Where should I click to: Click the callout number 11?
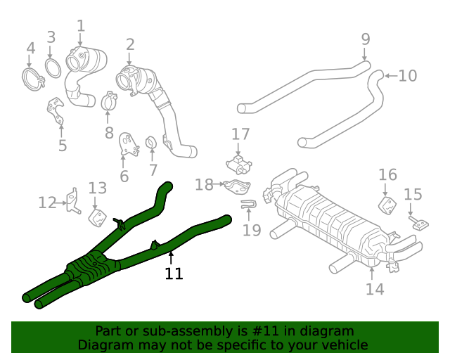coord(174,274)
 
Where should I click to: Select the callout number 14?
coord(375,289)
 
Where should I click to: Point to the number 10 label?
coord(407,75)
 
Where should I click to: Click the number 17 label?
coord(240,134)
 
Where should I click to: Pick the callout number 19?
coord(252,229)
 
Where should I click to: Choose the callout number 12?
coord(46,203)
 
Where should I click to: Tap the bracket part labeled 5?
coord(57,112)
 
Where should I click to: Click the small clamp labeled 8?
coord(109,103)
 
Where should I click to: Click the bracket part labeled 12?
coord(72,201)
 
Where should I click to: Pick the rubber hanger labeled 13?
coord(97,217)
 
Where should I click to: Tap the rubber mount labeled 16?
coord(386,205)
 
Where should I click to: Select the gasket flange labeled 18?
coord(237,186)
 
